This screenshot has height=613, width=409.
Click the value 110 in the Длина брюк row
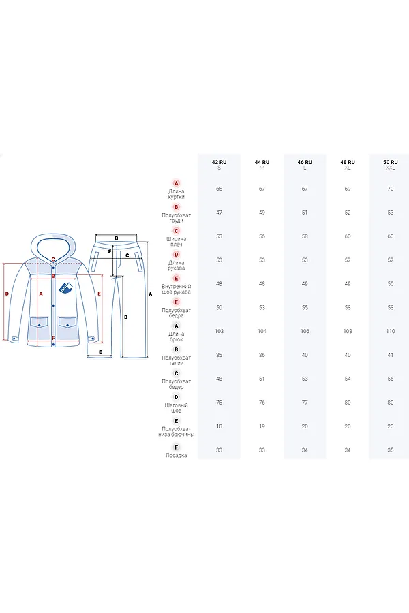point(390,331)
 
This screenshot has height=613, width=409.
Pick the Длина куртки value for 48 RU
point(348,189)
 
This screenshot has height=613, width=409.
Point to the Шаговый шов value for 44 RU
point(262,403)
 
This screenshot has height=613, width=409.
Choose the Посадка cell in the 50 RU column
point(390,450)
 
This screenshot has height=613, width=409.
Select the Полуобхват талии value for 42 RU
point(219,355)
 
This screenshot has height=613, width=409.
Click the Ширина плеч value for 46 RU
point(305,236)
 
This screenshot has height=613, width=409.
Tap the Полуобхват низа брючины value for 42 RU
point(219,426)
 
